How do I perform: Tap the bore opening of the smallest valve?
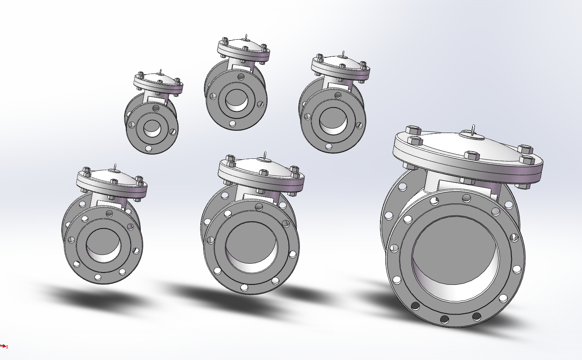(152, 128)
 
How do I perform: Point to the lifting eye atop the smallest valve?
(161, 72)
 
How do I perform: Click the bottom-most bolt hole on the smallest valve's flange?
(149, 148)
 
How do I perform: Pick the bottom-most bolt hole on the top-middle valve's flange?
(232, 124)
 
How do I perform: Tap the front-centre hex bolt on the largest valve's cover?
(472, 155)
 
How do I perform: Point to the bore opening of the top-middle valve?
(236, 100)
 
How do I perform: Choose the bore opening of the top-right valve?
(333, 121)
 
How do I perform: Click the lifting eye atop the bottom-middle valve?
(265, 155)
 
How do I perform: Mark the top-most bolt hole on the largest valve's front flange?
(466, 199)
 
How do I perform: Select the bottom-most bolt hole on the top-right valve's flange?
(328, 146)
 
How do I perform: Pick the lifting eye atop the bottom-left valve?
(115, 167)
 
